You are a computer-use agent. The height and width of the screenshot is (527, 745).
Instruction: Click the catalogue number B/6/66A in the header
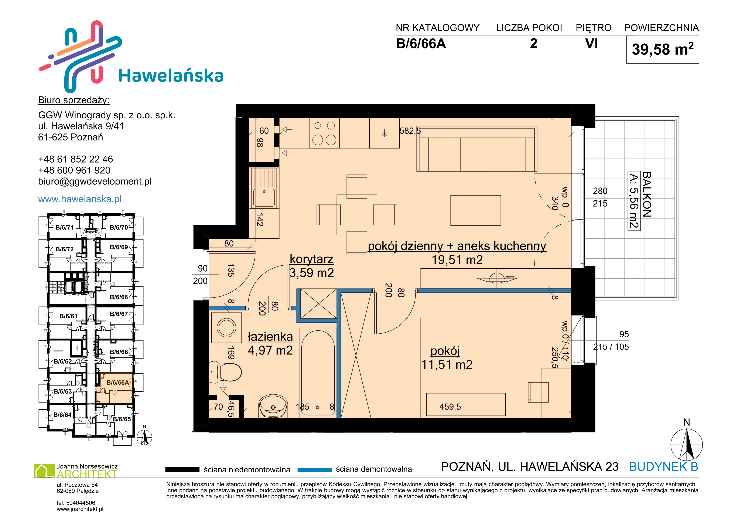click(421, 44)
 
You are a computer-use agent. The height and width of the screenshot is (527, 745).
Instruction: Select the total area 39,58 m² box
click(662, 50)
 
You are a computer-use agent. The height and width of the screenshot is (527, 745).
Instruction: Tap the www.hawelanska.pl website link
click(80, 199)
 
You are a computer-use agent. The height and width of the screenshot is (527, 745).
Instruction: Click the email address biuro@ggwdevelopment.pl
click(95, 181)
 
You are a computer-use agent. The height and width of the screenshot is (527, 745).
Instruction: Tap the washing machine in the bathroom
click(226, 327)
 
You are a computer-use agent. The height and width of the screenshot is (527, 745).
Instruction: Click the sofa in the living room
click(477, 149)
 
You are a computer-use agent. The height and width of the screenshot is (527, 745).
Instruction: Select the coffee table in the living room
click(476, 210)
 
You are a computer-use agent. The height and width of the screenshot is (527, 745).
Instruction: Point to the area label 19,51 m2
click(457, 260)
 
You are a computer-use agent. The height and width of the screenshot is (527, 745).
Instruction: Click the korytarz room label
click(311, 259)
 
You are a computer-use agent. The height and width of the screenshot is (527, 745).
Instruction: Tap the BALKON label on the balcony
click(647, 194)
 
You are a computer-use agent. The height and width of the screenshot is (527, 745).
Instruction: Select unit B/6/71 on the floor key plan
click(65, 227)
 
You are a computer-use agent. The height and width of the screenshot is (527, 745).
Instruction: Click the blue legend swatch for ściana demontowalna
click(314, 470)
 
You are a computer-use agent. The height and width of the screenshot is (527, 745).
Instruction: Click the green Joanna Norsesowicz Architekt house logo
click(44, 471)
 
